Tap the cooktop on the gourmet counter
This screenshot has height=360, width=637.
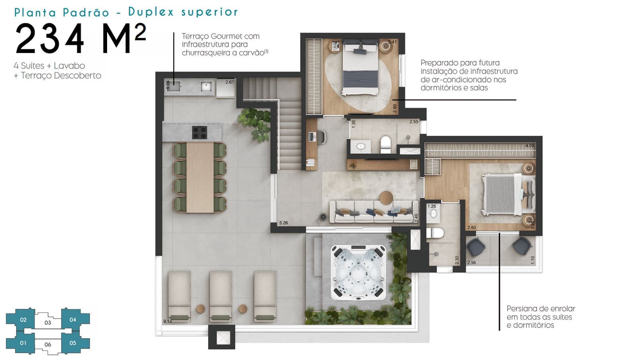pyautogui.click(x=199, y=132)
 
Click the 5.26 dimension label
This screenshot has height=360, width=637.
pyautogui.click(x=283, y=223)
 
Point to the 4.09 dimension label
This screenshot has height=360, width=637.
pyautogui.click(x=530, y=146)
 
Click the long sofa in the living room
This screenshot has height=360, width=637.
pyautogui.click(x=374, y=212)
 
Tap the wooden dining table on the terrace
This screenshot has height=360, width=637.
pyautogui.click(x=200, y=178)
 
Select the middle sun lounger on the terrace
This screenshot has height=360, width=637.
pyautogui.click(x=221, y=296)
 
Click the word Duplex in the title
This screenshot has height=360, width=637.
pyautogui.click(x=151, y=12)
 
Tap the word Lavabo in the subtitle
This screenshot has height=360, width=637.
pyautogui.click(x=69, y=66)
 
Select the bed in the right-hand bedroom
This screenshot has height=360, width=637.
pyautogui.click(x=508, y=194)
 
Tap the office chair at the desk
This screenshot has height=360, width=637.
pyautogui.click(x=322, y=137)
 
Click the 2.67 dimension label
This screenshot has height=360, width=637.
pyautogui.click(x=229, y=82)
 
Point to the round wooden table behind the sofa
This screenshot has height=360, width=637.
pyautogui.click(x=386, y=198)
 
